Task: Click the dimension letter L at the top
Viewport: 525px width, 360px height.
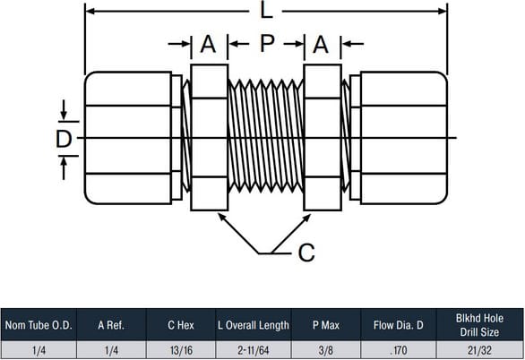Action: [266, 11]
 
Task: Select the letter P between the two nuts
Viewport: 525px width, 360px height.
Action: [267, 43]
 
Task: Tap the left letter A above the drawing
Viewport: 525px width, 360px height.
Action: [208, 44]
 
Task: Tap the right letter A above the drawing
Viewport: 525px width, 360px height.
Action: [321, 44]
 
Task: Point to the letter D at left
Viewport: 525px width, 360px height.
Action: [64, 139]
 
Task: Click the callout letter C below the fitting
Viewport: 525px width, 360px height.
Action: [306, 253]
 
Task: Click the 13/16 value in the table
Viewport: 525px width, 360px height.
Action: [181, 350]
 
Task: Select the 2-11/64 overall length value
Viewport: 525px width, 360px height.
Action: [254, 350]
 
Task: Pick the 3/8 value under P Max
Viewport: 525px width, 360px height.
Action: [326, 350]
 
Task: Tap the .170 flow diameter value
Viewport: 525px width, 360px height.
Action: [398, 350]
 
